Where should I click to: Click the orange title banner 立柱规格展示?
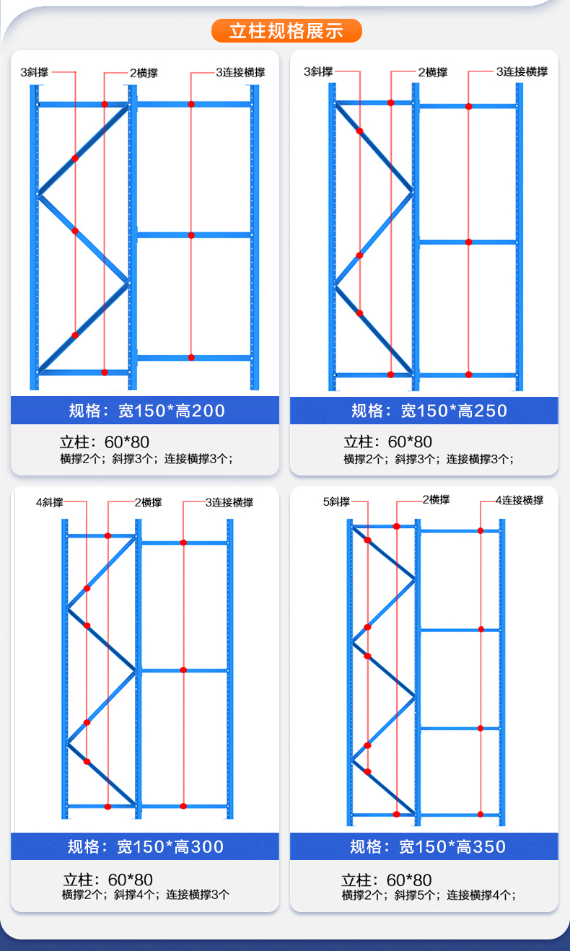286,31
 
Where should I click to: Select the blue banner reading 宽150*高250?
424,411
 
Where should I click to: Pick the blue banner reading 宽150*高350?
424,846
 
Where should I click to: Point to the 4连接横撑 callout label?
519,500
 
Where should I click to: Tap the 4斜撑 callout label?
50,502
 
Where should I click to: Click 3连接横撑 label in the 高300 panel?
229,502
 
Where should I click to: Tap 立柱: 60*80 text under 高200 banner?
105,442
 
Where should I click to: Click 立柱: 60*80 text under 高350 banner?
387,880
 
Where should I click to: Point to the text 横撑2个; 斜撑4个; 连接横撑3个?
146,895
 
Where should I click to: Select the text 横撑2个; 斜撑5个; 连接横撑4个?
429,895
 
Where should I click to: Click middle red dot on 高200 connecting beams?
191,235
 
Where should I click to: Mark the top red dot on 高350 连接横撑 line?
481,530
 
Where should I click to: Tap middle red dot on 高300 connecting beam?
183,670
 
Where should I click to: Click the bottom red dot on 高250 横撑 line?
391,374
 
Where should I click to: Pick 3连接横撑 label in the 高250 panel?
521,71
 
